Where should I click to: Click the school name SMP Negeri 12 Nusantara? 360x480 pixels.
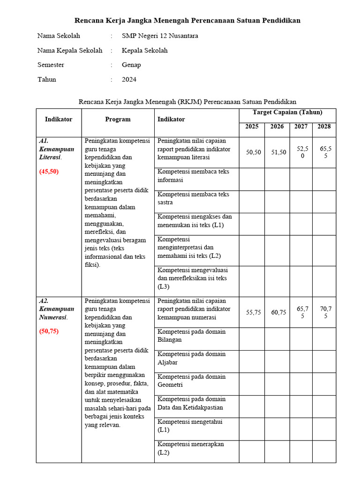click(x=160, y=36)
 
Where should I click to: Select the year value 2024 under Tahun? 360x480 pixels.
click(x=129, y=79)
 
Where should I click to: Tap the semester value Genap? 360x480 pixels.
click(x=131, y=65)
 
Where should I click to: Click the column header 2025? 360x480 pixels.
click(x=252, y=127)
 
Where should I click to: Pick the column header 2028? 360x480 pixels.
click(x=324, y=127)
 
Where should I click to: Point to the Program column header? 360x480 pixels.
click(x=118, y=120)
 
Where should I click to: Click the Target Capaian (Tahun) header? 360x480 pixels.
click(x=287, y=112)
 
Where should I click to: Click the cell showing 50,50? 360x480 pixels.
click(x=254, y=152)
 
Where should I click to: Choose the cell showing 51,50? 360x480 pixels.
click(x=278, y=152)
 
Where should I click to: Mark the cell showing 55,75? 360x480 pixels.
click(x=254, y=312)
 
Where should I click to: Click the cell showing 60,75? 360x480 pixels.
click(x=278, y=312)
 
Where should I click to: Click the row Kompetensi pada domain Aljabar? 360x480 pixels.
click(x=191, y=358)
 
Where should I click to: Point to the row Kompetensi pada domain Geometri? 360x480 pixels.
click(x=191, y=381)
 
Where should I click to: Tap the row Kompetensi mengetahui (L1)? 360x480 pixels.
click(x=190, y=426)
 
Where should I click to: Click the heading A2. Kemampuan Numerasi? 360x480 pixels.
click(x=56, y=309)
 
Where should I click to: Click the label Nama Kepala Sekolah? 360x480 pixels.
click(x=70, y=50)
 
